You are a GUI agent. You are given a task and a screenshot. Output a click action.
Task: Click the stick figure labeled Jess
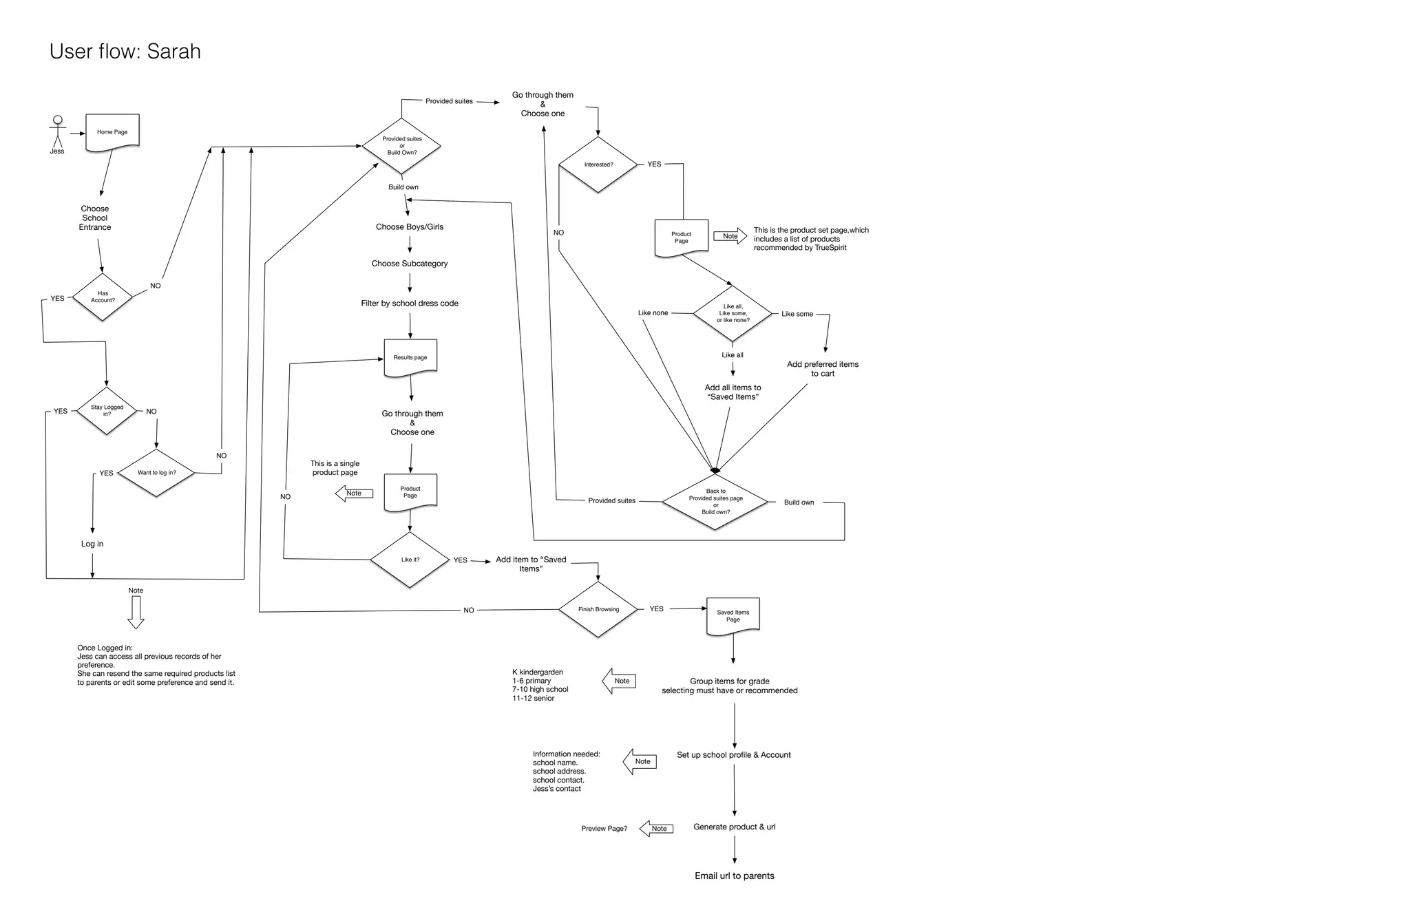(x=58, y=132)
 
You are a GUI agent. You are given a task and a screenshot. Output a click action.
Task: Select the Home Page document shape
(x=112, y=131)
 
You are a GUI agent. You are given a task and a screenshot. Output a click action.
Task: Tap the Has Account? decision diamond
(x=103, y=297)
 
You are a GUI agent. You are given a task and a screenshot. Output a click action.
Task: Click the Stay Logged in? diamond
(x=107, y=410)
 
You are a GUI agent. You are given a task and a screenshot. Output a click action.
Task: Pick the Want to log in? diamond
(x=156, y=473)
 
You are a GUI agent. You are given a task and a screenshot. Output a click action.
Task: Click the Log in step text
(x=92, y=544)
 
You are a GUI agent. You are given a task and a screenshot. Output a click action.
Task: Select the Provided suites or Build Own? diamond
(x=402, y=146)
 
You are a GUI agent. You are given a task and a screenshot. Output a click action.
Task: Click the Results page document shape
(x=410, y=357)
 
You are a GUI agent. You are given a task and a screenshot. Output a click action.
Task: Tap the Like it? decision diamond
(x=410, y=560)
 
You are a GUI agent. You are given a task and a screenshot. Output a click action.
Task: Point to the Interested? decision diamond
(x=598, y=165)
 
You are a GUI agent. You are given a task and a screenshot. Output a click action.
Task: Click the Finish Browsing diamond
(x=598, y=609)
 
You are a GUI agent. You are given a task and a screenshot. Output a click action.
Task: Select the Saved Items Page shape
(x=733, y=615)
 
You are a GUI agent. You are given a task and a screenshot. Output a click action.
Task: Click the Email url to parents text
(x=734, y=876)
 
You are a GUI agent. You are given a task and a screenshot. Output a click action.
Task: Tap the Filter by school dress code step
(x=410, y=303)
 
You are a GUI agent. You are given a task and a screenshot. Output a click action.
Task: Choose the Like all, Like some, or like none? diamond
(x=733, y=313)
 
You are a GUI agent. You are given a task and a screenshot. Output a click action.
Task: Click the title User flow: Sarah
(x=125, y=52)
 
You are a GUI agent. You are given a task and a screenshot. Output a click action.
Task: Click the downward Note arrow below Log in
(x=136, y=611)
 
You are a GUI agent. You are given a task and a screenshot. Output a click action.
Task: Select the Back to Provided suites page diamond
(x=715, y=502)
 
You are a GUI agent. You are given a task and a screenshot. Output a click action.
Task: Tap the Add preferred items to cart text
(x=823, y=369)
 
